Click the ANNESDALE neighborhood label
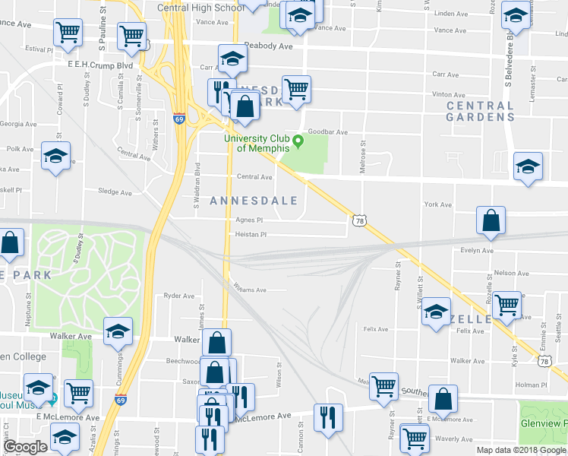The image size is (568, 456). point(258,201)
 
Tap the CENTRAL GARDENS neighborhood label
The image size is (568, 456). point(480,111)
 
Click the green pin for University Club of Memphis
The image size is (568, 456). point(298,141)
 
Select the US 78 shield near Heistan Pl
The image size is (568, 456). point(358,220)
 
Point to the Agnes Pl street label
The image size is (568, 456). point(248,220)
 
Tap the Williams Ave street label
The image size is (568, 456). point(250,290)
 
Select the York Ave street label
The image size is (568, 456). point(437,204)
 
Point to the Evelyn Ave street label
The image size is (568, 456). point(477,251)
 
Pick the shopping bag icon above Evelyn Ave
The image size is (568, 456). point(491,220)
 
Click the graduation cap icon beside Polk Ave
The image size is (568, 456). point(55,157)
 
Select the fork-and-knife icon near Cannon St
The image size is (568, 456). point(328,417)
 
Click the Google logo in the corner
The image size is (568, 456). point(25,447)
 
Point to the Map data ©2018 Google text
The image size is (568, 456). point(522,450)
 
